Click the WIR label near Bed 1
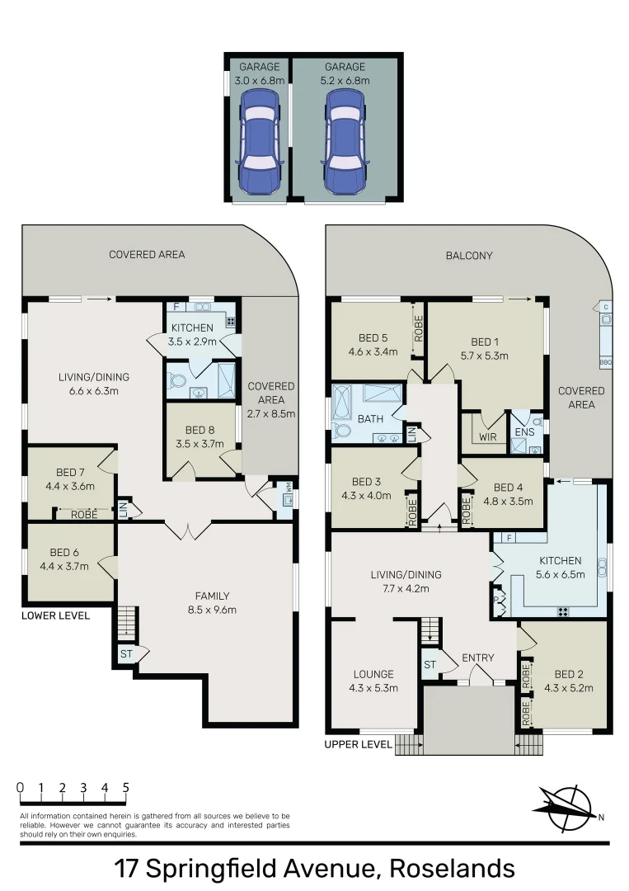[488, 437]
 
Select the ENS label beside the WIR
[525, 431]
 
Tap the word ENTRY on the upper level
[478, 658]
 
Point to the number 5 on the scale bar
[126, 788]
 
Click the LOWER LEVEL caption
[56, 615]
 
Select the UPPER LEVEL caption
[359, 744]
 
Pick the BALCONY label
[469, 256]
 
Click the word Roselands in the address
[452, 869]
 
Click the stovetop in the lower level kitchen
[232, 322]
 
